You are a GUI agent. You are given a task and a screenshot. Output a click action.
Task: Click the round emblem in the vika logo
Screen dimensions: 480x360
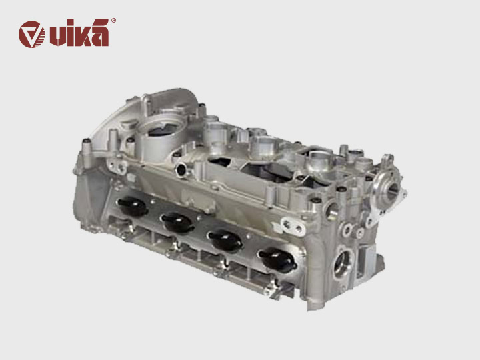pos(31,34)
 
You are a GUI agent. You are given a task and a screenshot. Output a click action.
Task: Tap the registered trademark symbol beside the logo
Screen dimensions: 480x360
pos(113,21)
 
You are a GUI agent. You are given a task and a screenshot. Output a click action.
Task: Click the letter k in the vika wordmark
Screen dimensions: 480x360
pos(80,34)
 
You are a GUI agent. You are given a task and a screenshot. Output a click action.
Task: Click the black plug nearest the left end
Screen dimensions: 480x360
pos(132,206)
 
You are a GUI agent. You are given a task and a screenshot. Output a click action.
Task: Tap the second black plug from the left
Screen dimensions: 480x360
pos(177,223)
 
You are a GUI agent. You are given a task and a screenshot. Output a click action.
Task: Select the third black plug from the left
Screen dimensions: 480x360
pos(225,239)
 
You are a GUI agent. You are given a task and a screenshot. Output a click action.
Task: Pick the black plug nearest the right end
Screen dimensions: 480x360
pos(277,259)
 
